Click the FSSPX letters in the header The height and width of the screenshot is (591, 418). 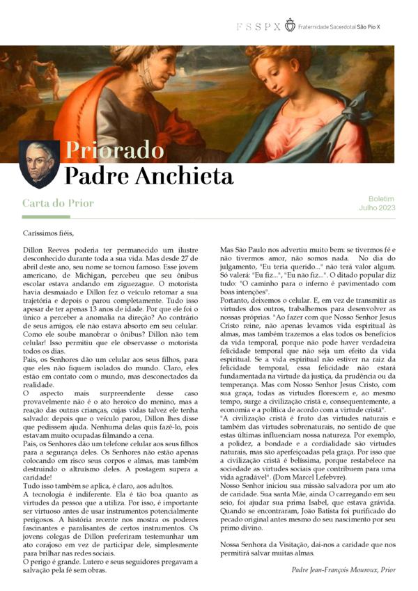(258, 26)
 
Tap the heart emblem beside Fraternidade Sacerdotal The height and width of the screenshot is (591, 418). (290, 26)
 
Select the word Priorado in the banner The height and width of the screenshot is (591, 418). (114, 150)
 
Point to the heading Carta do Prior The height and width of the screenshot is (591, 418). (58, 203)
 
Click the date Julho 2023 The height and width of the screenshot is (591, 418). (377, 207)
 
